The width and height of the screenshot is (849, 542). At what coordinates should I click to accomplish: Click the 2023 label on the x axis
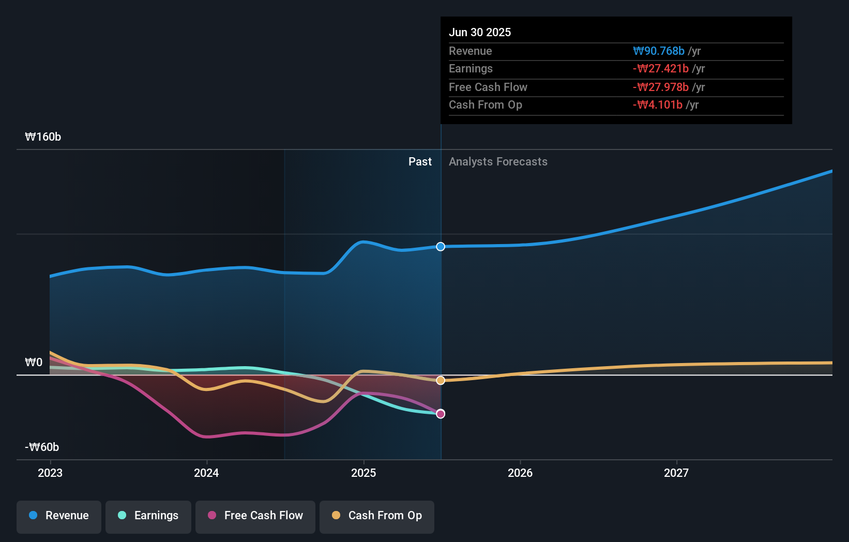point(50,473)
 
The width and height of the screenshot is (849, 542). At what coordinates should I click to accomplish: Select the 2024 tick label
point(206,473)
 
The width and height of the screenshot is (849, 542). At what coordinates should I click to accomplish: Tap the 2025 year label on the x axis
point(363,473)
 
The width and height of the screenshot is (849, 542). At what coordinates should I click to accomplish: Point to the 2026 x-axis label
point(520,473)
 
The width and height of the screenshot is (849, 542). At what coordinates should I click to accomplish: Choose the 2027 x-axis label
point(676,473)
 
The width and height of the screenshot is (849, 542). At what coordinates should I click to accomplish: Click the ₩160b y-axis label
point(43,137)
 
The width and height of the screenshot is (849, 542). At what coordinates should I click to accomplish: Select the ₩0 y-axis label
point(34,362)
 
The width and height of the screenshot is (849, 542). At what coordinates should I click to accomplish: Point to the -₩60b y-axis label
point(42,447)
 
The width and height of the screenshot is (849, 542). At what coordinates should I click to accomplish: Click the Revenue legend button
point(59,516)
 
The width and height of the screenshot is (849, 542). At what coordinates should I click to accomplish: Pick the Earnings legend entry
point(148,516)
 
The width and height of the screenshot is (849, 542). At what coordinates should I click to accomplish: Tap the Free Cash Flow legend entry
point(255,516)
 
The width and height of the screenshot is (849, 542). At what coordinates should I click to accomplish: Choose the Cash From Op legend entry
point(377,516)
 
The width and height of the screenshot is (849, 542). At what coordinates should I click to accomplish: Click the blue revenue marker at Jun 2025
point(441,247)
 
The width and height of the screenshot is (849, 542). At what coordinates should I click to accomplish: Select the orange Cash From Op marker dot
point(441,381)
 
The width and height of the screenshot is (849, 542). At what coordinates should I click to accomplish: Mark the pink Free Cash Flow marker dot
point(441,414)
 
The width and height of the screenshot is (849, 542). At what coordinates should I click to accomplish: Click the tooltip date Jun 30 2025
point(480,32)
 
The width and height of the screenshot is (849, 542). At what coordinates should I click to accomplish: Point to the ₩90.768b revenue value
point(659,51)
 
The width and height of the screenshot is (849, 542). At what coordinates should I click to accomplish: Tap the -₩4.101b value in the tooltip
point(658,104)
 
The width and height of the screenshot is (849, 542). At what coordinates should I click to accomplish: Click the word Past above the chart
point(420,161)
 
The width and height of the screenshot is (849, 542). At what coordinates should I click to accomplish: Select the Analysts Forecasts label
point(498,161)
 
